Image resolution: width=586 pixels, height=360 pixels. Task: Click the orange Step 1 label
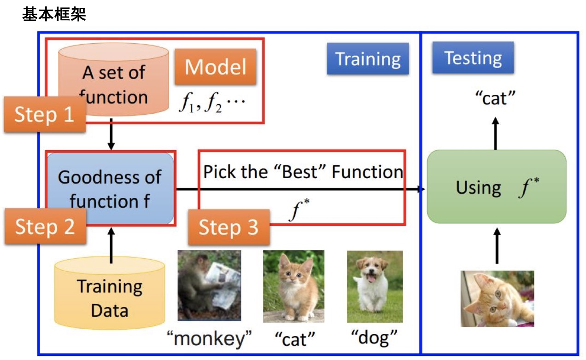pos(45,115)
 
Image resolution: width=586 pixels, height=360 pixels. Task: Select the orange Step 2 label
pos(45,226)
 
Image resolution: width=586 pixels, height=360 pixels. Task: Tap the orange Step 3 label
pos(229,227)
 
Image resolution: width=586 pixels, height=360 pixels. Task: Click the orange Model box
pos(215,67)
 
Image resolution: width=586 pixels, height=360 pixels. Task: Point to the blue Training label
pos(368,59)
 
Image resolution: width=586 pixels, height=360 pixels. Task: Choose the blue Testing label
pos(473,58)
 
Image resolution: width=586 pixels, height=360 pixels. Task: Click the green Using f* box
pos(496,187)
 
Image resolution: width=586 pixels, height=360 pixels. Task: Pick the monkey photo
pos(209,285)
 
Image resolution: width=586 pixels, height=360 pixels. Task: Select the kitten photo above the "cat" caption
pos(293,286)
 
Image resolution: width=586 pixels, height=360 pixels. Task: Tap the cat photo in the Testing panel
pos(497,298)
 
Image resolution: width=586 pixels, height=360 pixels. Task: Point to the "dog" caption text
pos(374,339)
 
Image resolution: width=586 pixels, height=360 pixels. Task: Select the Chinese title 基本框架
pos(54,15)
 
